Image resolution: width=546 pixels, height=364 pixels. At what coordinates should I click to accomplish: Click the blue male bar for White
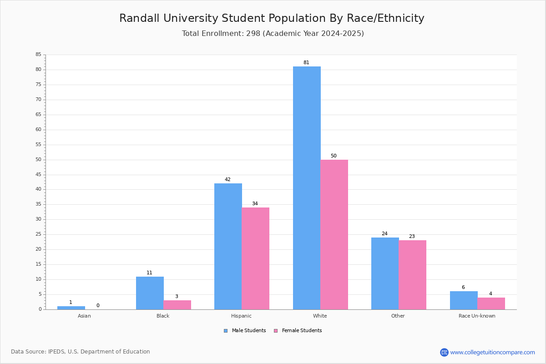(x=307, y=188)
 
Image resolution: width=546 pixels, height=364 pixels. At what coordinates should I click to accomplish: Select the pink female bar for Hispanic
(x=255, y=258)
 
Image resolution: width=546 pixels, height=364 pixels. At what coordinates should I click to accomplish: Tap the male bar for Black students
(x=150, y=293)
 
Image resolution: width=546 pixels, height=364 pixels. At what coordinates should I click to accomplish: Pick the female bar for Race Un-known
(x=491, y=303)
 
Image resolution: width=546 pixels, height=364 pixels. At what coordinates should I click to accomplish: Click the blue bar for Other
(x=385, y=273)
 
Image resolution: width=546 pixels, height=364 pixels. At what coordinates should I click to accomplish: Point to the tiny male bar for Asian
(x=71, y=308)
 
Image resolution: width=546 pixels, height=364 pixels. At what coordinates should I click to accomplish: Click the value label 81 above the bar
(x=306, y=63)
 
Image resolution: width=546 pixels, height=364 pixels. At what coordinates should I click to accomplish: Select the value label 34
(x=255, y=204)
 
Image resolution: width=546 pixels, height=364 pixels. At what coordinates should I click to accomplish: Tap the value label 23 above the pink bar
(x=412, y=237)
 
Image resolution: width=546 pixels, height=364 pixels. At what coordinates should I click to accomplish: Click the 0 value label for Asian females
(x=98, y=306)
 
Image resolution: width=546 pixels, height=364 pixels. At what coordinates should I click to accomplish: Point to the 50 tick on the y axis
(x=38, y=160)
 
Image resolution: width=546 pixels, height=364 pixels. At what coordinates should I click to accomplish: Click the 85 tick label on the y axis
(x=38, y=55)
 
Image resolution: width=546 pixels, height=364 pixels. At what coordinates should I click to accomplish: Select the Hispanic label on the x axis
(x=241, y=316)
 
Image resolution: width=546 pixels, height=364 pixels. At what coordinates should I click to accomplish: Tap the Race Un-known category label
(x=477, y=316)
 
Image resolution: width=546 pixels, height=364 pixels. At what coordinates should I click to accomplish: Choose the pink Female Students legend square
(x=276, y=331)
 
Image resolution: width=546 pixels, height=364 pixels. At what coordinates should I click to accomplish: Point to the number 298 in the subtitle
(x=253, y=34)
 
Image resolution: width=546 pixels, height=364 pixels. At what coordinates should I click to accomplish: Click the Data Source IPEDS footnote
(x=81, y=352)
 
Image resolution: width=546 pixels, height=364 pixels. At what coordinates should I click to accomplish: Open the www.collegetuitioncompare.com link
(x=492, y=352)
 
